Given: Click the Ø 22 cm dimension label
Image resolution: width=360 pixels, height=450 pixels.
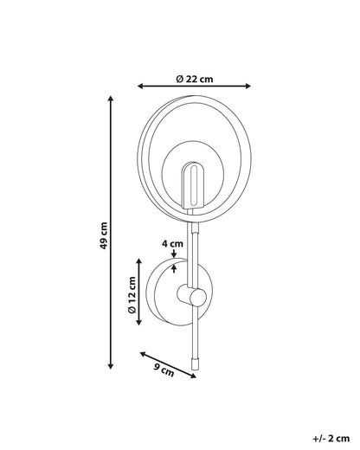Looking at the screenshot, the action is click(x=195, y=79).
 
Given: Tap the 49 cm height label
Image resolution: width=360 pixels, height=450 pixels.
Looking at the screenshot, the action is click(x=104, y=235).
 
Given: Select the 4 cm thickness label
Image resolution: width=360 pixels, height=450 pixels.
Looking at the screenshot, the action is click(x=172, y=244).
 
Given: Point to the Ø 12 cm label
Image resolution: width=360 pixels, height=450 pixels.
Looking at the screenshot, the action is click(x=132, y=295).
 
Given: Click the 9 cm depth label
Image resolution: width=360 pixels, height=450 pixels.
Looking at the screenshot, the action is click(x=164, y=370).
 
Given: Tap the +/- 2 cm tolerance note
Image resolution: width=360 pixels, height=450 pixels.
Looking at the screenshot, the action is click(x=331, y=439).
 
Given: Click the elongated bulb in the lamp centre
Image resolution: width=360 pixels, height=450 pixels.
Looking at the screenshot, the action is click(x=194, y=185).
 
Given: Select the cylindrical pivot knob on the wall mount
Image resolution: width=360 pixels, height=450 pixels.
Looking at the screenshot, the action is click(x=191, y=294).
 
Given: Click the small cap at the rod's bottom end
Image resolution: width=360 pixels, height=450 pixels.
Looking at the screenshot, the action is click(x=196, y=364).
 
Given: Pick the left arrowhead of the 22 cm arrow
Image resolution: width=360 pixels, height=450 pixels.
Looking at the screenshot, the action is click(x=140, y=86).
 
